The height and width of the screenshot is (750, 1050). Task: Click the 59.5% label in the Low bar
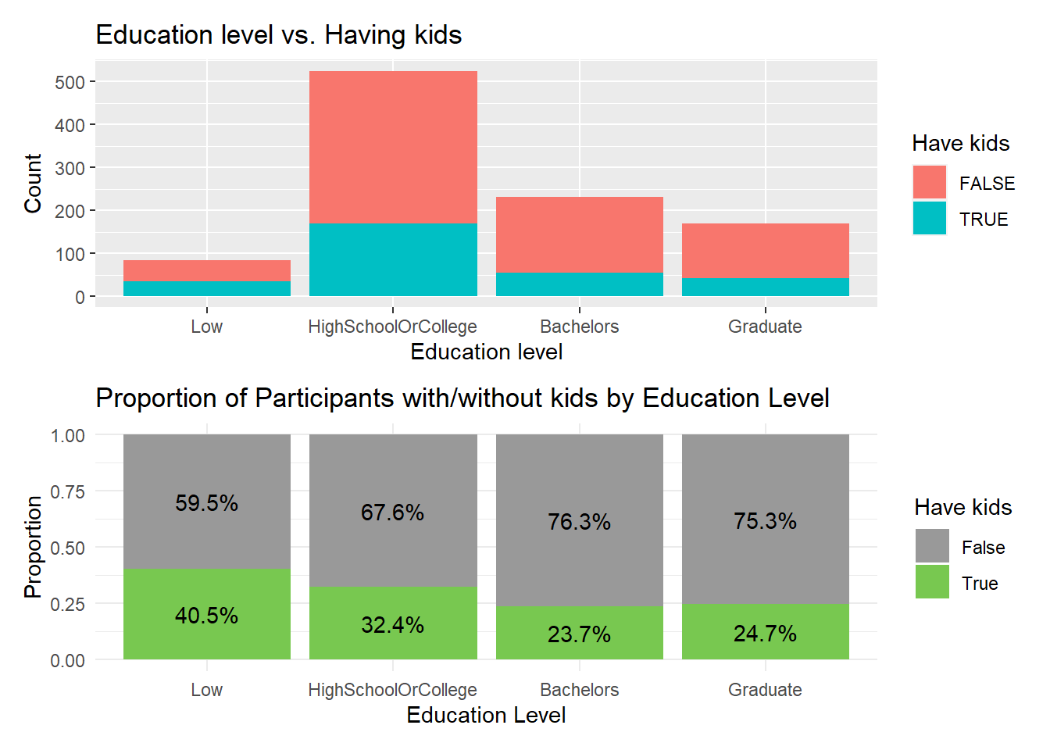coord(206,502)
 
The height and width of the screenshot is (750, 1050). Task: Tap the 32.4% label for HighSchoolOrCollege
coord(392,625)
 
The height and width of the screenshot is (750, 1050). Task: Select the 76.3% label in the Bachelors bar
coord(579,522)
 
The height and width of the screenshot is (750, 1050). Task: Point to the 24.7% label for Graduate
coord(765,633)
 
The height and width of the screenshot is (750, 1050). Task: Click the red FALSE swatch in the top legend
coord(929,182)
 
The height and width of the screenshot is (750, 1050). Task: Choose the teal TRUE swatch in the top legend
coord(929,218)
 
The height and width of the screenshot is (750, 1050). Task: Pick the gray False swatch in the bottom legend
coord(932,546)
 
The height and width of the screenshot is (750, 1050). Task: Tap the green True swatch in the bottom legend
coord(932,582)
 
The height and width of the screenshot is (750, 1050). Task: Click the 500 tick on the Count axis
coord(70,82)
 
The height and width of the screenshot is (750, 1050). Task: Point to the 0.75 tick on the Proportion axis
coord(67,491)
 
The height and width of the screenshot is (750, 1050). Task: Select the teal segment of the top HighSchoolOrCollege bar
coord(393,259)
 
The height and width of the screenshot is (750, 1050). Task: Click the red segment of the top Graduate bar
coord(765,250)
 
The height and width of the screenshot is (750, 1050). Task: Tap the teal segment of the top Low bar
coord(206,288)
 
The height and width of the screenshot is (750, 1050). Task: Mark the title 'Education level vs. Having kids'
coord(278,35)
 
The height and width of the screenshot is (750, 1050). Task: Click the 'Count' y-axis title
coord(33,183)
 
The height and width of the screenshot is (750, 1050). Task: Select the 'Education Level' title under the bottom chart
coord(486,715)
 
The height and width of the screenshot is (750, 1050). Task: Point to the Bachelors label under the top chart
coord(579,327)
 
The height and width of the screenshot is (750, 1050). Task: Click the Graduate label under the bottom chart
coord(765,690)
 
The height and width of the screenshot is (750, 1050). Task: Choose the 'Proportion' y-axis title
coord(33,546)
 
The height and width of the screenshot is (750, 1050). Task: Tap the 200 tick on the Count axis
coord(70,211)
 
